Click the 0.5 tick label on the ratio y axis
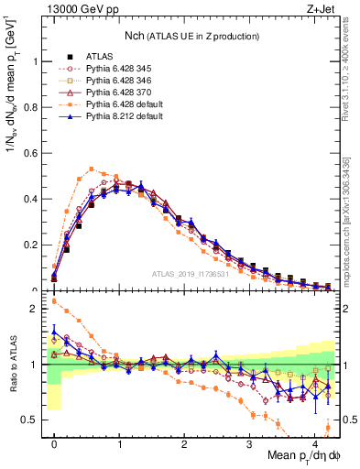point(33,420)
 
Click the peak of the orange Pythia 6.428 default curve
point(92,169)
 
